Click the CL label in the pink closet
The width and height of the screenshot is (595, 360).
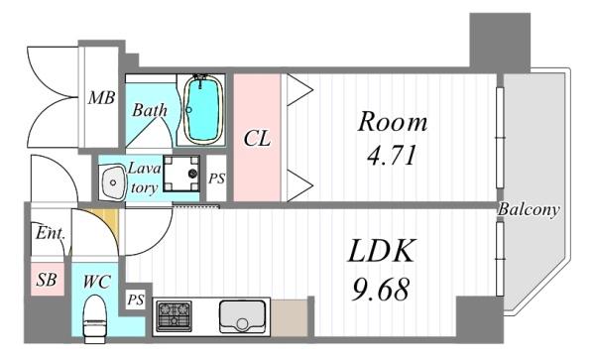click(257, 139)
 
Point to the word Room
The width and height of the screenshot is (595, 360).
click(392, 124)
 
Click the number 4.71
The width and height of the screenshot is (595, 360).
click(392, 156)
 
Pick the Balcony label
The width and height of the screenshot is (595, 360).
click(529, 210)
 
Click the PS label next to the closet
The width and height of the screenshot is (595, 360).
click(216, 179)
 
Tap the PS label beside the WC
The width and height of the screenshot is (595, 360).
click(136, 300)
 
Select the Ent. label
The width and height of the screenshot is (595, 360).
click(50, 235)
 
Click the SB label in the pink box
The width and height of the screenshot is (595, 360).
click(46, 281)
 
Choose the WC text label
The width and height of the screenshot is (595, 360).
click(96, 281)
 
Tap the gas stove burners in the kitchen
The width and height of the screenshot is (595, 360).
click(175, 315)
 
